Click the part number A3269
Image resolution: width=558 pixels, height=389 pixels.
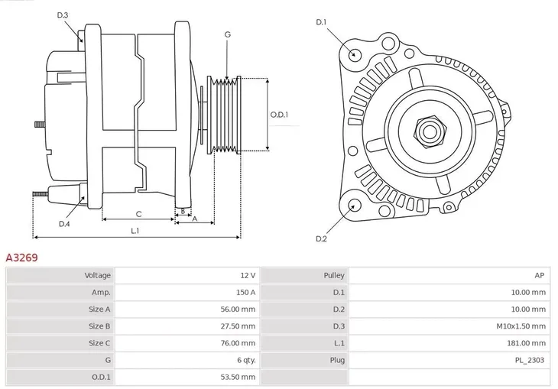22,258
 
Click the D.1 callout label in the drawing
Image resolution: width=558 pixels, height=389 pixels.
321,22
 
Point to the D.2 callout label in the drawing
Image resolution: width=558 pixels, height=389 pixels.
321,239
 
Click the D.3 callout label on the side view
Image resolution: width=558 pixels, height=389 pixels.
63,15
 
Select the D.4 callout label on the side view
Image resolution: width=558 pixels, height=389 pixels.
64,224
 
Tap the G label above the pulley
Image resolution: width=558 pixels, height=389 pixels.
227,35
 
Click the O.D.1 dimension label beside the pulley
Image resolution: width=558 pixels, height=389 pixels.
279,115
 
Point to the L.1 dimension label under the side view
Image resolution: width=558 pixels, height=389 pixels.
135,230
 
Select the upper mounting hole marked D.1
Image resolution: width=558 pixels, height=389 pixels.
355,54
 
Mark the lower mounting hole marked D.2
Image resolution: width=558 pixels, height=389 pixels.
354,205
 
